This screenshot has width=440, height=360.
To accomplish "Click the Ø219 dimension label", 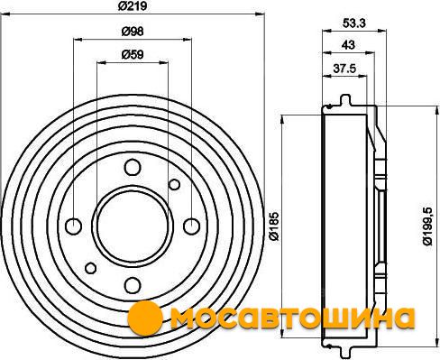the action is click(x=133, y=6).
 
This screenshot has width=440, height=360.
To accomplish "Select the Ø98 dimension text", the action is click(x=133, y=32).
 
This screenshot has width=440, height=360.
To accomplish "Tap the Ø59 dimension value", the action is click(x=133, y=54).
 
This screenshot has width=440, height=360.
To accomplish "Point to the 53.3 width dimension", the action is click(x=354, y=23).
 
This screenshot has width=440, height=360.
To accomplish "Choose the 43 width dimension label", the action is click(x=348, y=45).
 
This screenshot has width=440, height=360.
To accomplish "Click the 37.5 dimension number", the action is click(x=344, y=69).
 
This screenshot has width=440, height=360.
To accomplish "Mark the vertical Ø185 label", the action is click(x=274, y=226).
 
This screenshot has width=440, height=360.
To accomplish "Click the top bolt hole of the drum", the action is click(x=133, y=168).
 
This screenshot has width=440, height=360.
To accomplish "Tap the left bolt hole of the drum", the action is click(x=74, y=226).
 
